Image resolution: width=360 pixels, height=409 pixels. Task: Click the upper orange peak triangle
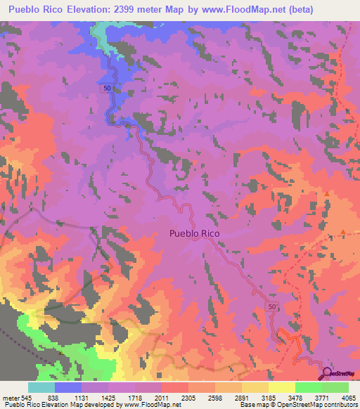[x=327, y=193]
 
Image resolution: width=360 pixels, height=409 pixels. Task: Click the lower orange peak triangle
[x=342, y=231]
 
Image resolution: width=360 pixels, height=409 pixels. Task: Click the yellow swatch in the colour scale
[x=281, y=387]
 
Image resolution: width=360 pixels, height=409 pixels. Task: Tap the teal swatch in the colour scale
[x=41, y=387]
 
